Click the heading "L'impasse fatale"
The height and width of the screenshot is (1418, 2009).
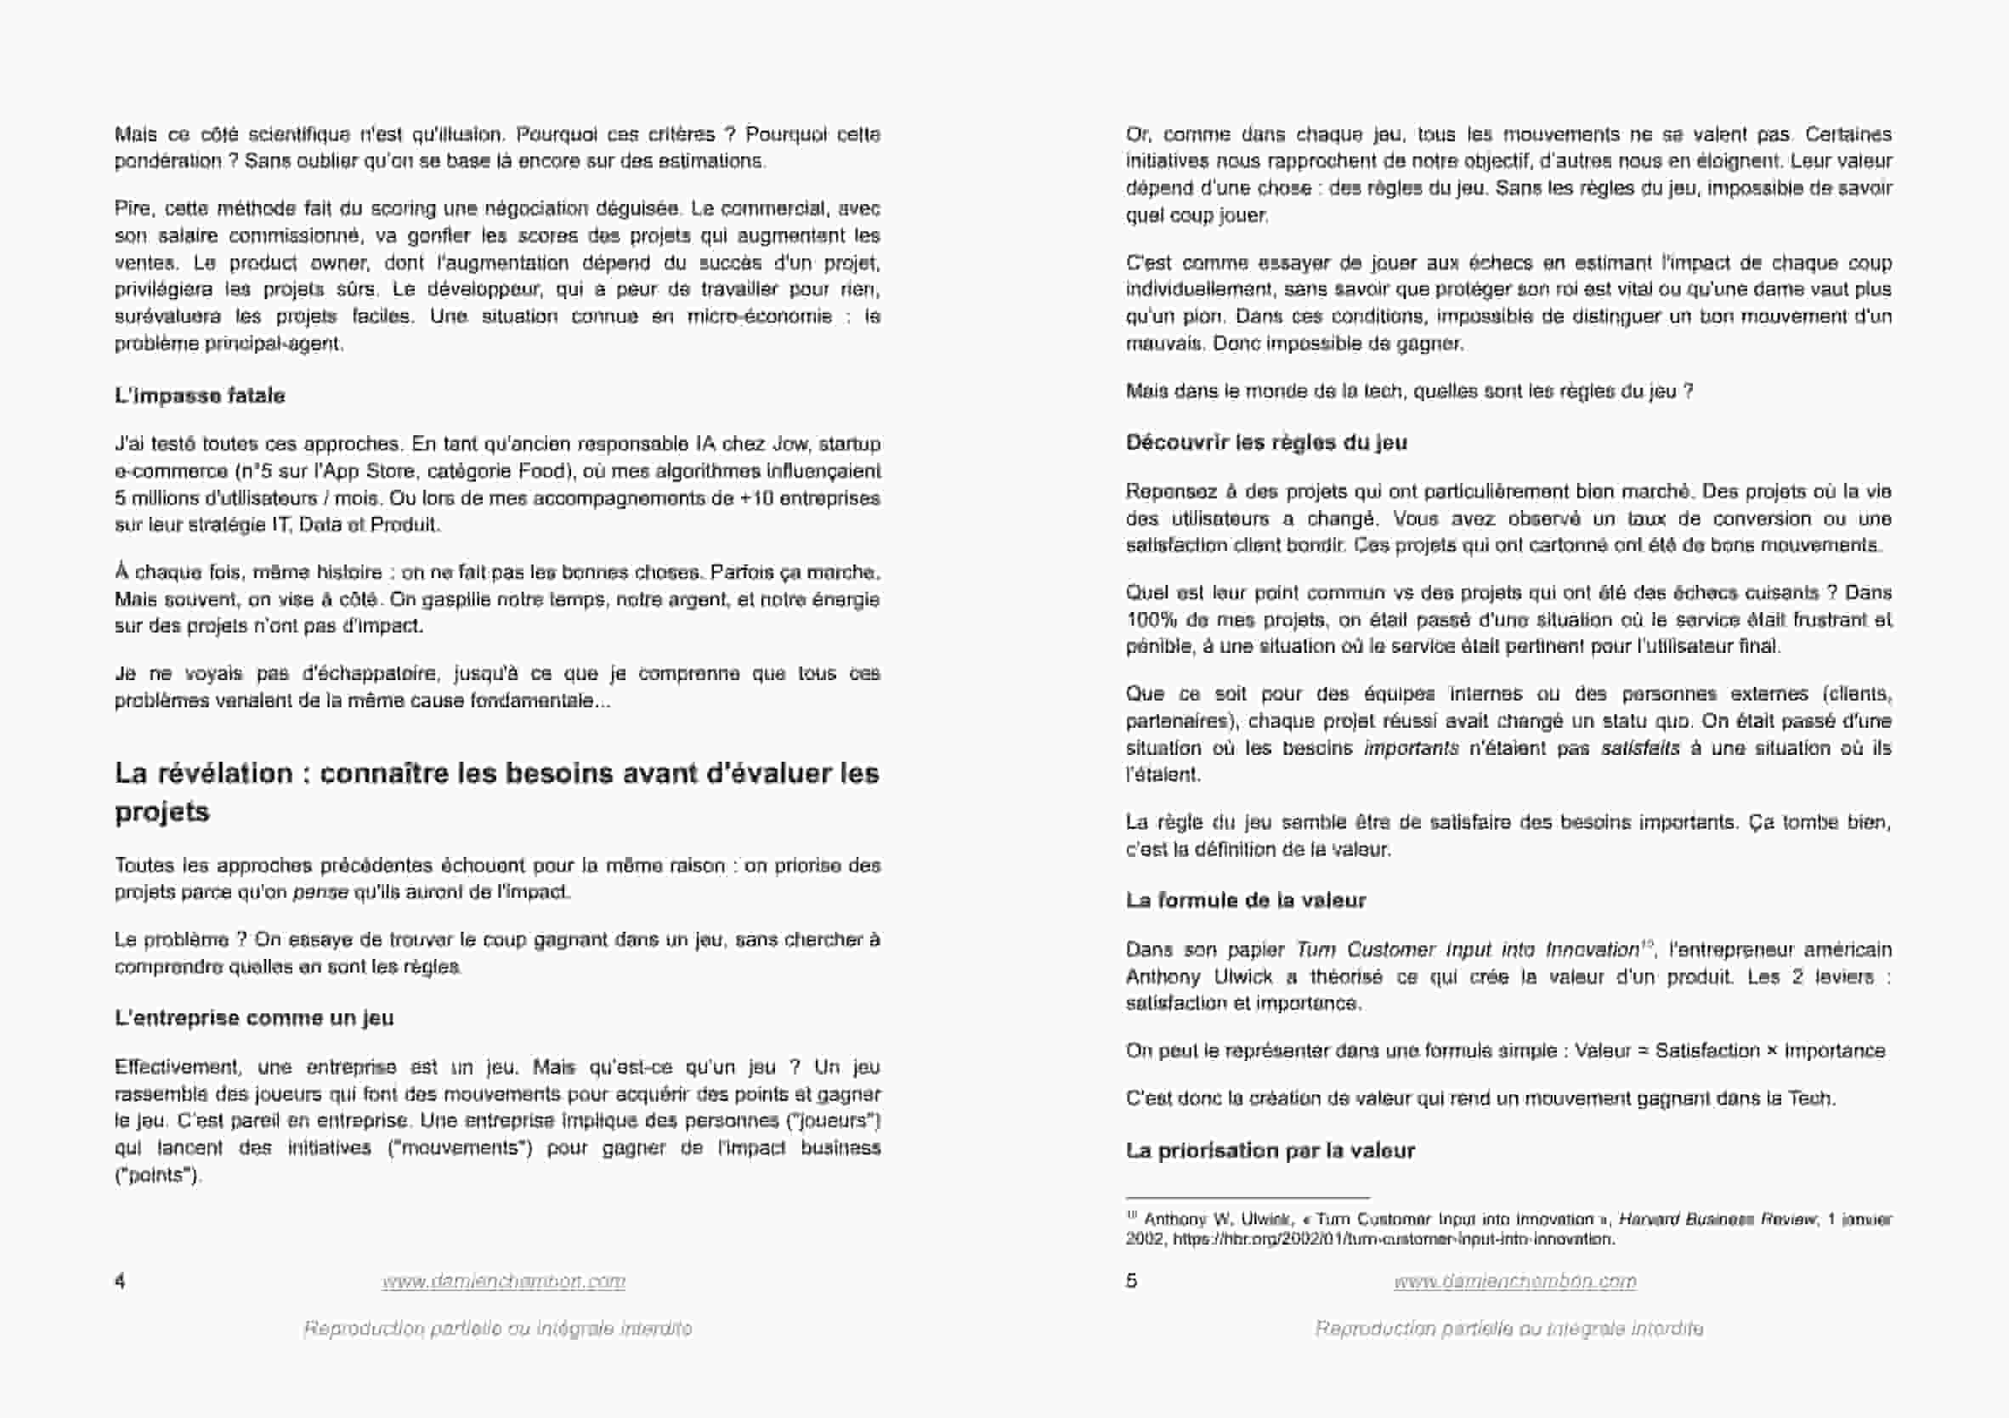click(200, 395)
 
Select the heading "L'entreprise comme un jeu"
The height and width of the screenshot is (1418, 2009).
click(254, 1018)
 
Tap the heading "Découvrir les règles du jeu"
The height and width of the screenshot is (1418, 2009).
click(1266, 443)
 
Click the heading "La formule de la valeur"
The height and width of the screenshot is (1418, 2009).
click(1245, 900)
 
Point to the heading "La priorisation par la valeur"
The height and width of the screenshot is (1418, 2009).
click(1270, 1151)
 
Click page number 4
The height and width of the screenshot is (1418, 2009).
click(120, 1281)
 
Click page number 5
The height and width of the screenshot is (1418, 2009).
click(1130, 1281)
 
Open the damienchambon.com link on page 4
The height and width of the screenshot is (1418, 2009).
click(503, 1281)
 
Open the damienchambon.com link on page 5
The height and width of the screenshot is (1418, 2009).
click(1514, 1281)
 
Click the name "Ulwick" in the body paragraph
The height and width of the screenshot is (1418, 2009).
click(1243, 977)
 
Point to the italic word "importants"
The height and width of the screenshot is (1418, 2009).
click(1411, 748)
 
